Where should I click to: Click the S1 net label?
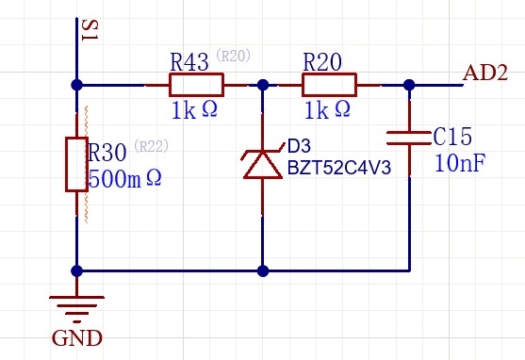[90, 30]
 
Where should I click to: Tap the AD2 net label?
[485, 73]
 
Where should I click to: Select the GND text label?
[77, 338]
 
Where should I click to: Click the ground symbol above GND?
[76, 309]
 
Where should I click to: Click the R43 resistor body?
[197, 85]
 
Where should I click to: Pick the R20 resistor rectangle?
[330, 85]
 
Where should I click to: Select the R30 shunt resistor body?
[76, 164]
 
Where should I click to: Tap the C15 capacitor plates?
[409, 139]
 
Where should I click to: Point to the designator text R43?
[189, 61]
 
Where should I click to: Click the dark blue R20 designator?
[322, 61]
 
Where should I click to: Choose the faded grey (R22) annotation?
[152, 146]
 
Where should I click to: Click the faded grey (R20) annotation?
[234, 56]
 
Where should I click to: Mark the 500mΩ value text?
[125, 178]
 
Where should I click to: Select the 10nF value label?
[460, 163]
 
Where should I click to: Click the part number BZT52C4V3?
[339, 168]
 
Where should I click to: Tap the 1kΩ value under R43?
[194, 110]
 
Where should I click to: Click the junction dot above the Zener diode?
[263, 85]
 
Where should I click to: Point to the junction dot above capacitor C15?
[409, 85]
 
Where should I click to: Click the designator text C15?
[452, 137]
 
